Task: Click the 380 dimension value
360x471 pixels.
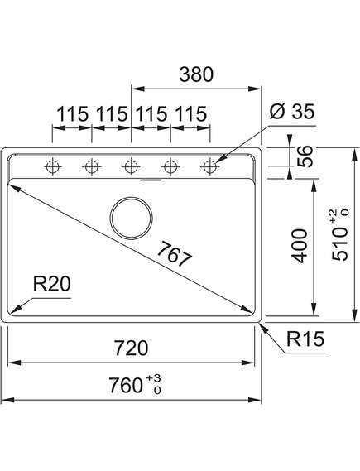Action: pos(196,74)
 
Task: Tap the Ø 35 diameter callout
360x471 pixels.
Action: pos(292,112)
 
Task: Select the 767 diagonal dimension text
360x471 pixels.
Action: pos(174,254)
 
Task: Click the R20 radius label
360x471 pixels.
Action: pos(51,284)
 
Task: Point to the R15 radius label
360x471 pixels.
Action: pos(305,339)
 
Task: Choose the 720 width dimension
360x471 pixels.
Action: pos(132,348)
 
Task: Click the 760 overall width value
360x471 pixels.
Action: pos(126,386)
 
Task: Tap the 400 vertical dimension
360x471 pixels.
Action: pos(300,246)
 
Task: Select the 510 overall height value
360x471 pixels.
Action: pos(339,243)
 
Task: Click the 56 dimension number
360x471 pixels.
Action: pos(305,156)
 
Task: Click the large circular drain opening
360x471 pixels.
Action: pos(132,218)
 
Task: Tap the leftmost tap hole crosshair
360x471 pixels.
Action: pos(52,166)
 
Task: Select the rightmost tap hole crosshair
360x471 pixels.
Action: pos(210,166)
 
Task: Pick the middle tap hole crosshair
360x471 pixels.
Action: pos(131,166)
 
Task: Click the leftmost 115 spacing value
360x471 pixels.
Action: pos(72,114)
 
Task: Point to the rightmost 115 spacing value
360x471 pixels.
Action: pos(191,114)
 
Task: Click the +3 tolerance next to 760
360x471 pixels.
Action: pos(154,377)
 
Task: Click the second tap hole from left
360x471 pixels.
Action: pos(92,166)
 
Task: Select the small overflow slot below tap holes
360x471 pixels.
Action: pos(151,180)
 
